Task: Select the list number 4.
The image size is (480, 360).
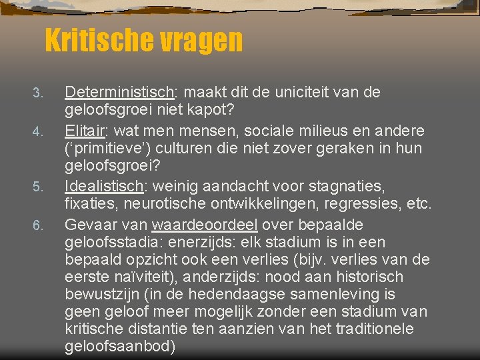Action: pyautogui.click(x=38, y=125)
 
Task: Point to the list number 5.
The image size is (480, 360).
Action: pyautogui.click(x=38, y=185)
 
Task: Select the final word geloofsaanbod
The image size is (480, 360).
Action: pyautogui.click(x=120, y=347)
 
